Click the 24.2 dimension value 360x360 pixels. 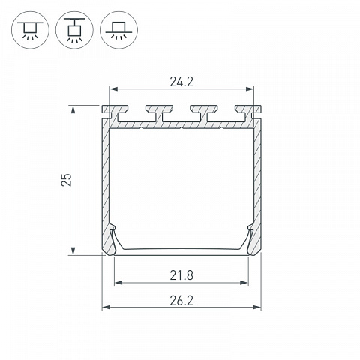(x=181, y=82)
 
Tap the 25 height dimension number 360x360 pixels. (x=67, y=180)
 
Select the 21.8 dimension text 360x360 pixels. (x=181, y=275)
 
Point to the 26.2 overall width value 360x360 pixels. (x=181, y=301)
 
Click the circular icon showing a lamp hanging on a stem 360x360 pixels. (x=74, y=30)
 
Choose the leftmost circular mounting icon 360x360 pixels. (x=30, y=30)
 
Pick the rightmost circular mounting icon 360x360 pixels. (x=118, y=30)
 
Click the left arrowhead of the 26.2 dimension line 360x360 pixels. (x=106, y=307)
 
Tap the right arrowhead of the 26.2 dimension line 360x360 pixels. (x=257, y=307)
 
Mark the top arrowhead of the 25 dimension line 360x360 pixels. (x=73, y=109)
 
